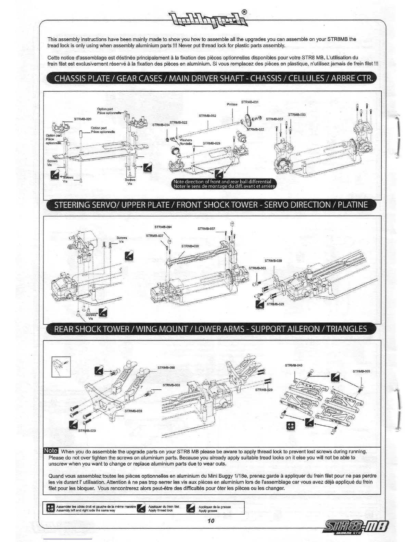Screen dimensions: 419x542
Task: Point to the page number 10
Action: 210,521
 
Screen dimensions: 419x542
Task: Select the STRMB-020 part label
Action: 82,119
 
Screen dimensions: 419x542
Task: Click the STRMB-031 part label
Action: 250,102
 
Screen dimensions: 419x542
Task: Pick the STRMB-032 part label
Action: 207,116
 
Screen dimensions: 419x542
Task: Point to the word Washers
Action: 186,140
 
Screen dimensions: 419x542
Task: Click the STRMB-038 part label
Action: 190,246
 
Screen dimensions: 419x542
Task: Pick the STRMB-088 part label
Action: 166,368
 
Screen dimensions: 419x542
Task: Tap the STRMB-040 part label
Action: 294,365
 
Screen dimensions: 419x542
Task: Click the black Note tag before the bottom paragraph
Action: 50,451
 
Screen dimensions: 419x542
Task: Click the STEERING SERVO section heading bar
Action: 211,205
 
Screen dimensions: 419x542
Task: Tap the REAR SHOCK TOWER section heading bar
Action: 211,329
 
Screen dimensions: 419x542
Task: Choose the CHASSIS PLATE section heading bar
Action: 211,78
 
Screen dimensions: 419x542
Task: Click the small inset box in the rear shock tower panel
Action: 61,366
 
